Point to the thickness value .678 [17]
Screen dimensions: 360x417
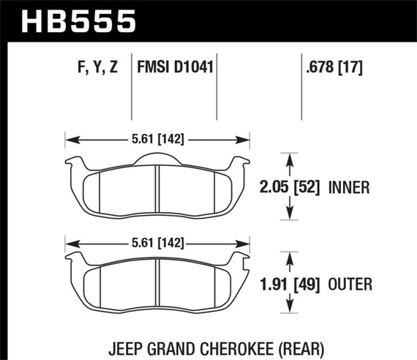click(331, 68)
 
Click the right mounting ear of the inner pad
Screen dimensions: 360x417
click(244, 162)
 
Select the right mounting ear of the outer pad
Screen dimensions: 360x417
click(244, 256)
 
